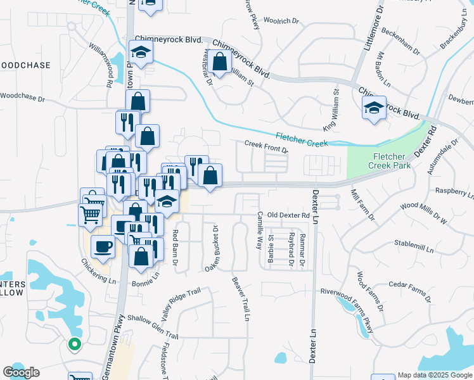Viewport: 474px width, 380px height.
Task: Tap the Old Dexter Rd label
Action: point(288,215)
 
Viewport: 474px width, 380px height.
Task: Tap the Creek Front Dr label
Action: point(266,146)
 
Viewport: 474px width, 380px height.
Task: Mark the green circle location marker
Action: point(74,345)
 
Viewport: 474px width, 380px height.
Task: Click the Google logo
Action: point(21,372)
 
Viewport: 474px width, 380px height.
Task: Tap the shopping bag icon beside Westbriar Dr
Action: point(220,63)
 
